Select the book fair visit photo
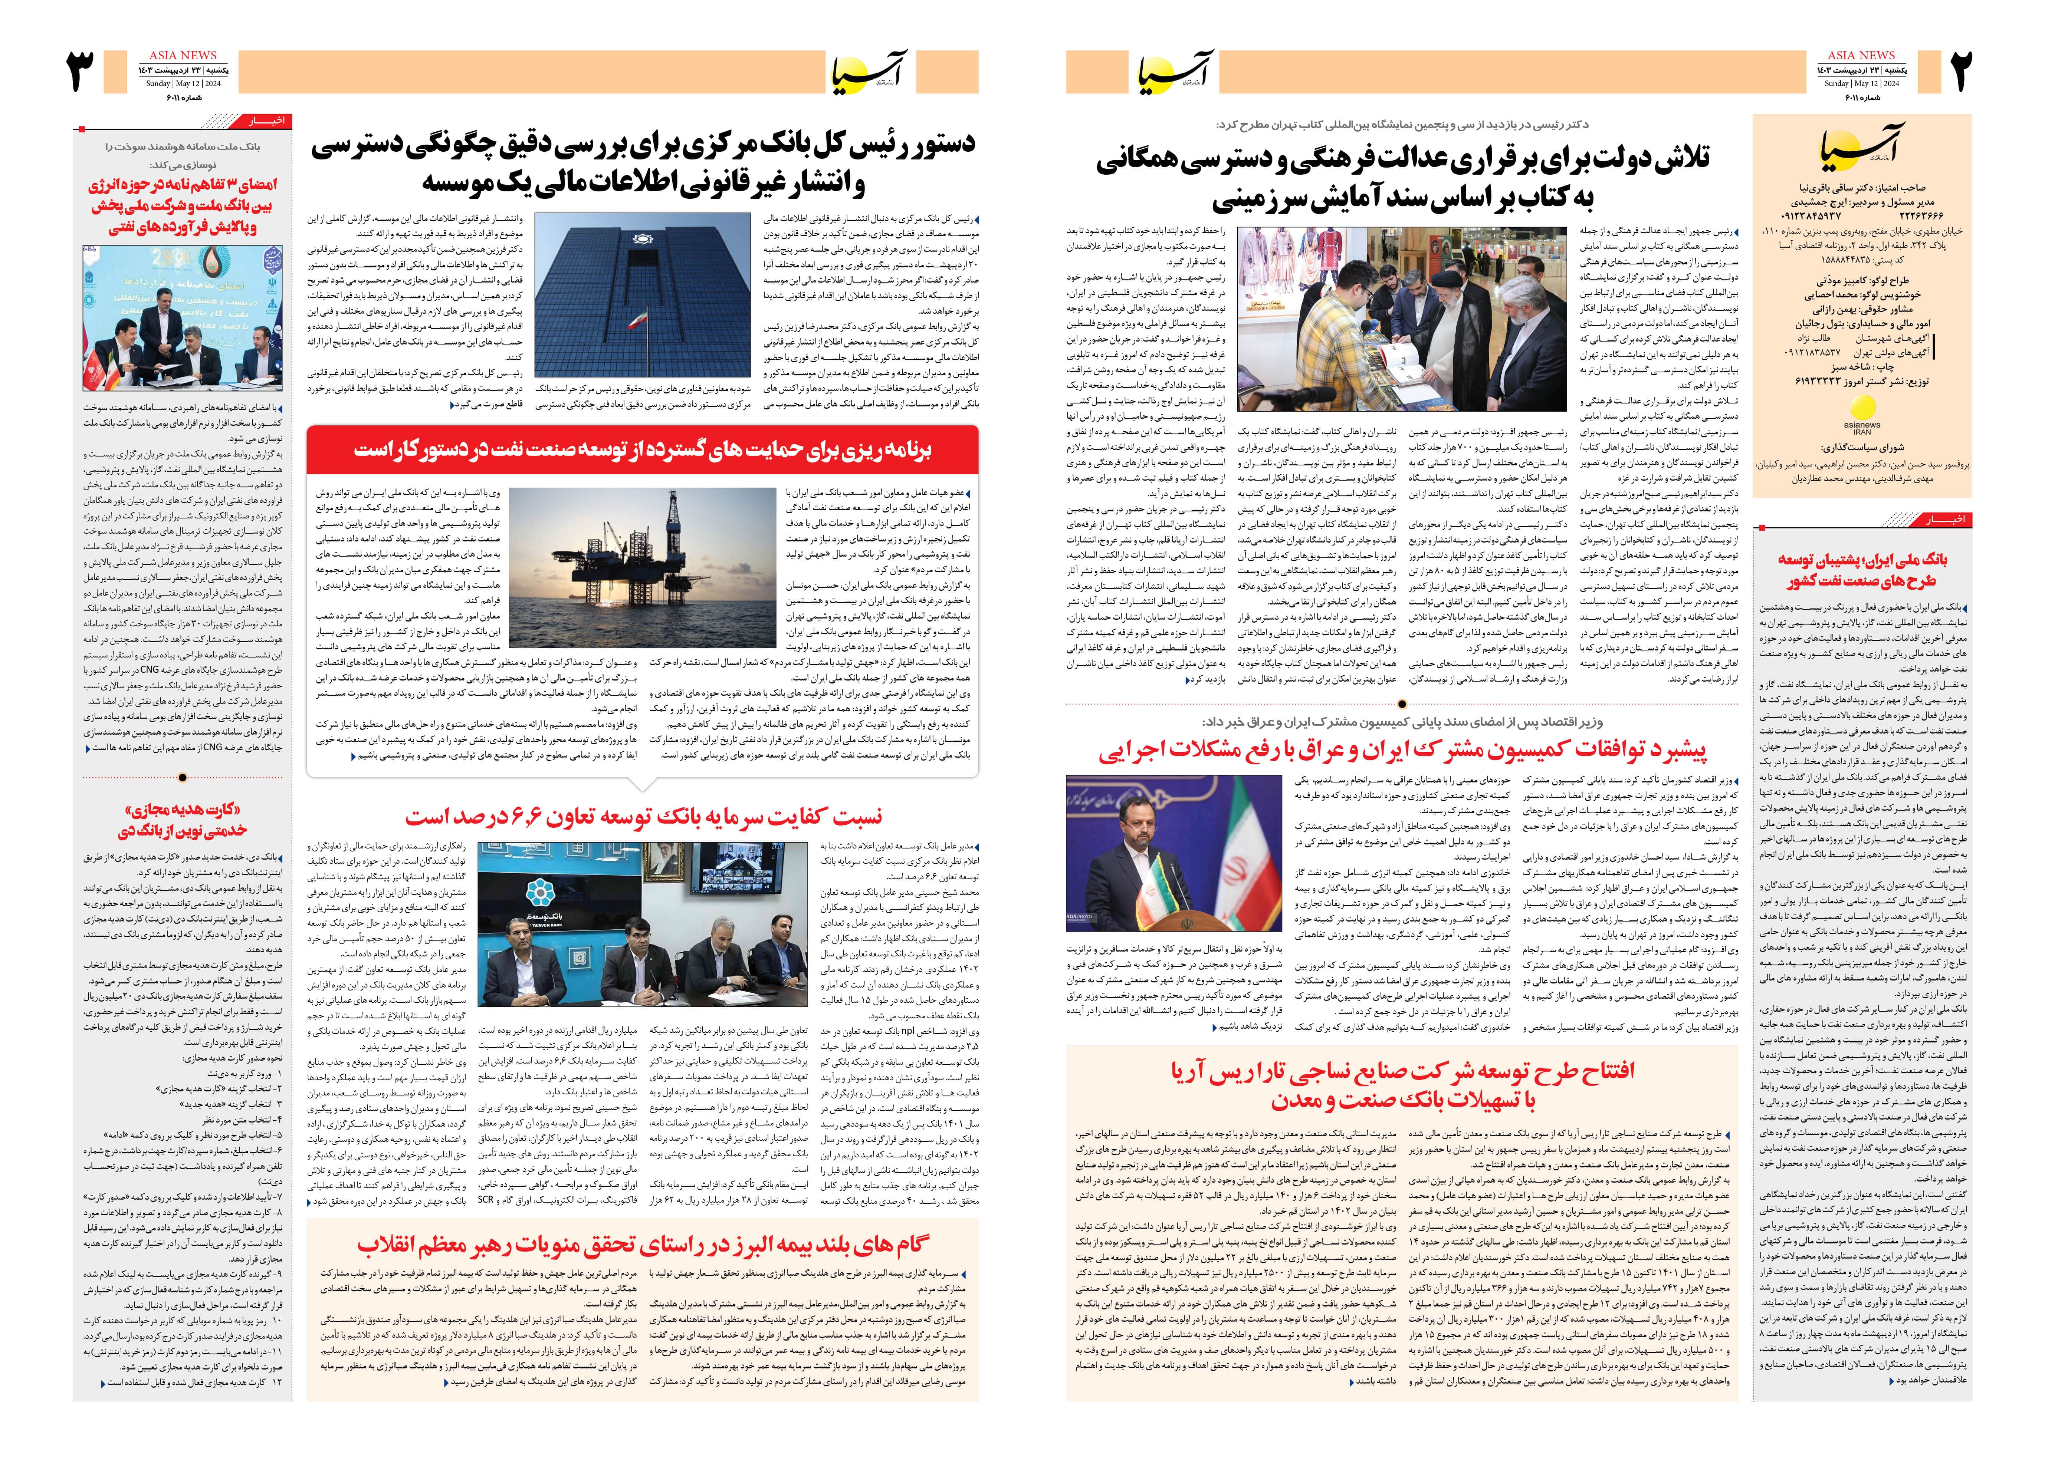pyautogui.click(x=1404, y=319)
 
